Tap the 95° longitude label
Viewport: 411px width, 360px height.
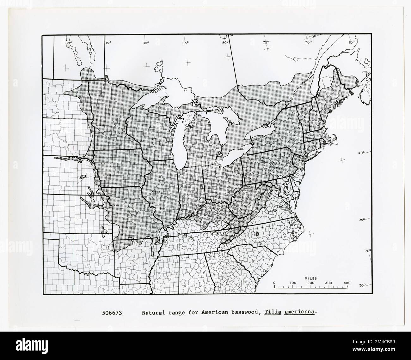click(108, 43)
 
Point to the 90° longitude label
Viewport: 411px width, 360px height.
click(146, 43)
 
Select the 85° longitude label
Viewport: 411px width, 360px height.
click(185, 43)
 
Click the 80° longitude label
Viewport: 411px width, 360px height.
click(225, 43)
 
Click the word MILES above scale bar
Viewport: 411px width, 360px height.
click(311, 279)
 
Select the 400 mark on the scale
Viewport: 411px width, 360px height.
click(347, 283)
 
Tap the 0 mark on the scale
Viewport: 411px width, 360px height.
click(274, 283)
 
